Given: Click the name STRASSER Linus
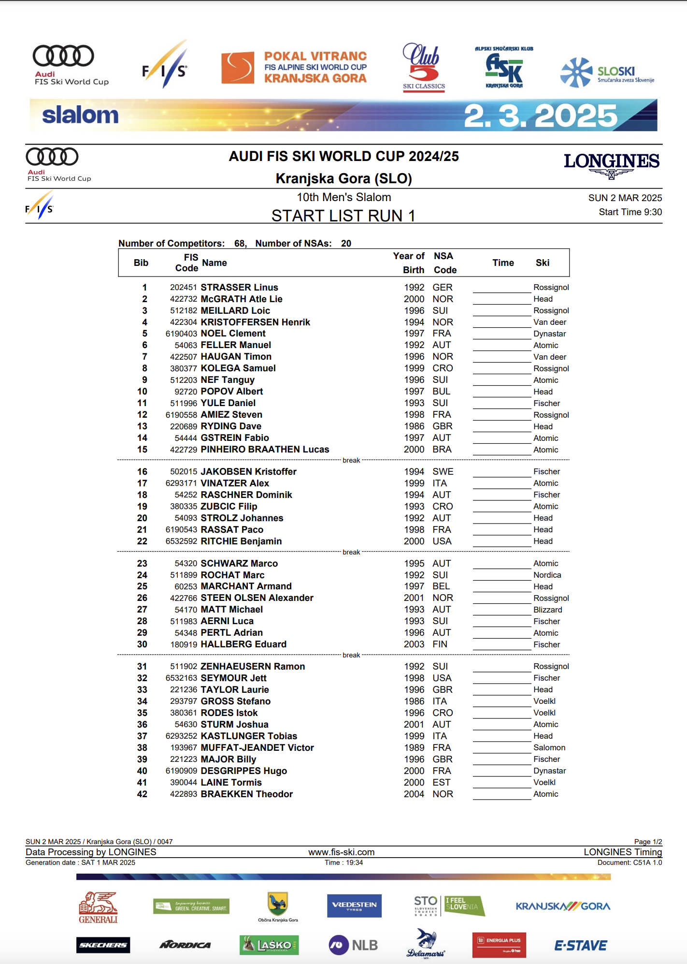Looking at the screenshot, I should pyautogui.click(x=239, y=287).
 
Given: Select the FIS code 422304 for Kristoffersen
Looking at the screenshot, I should pyautogui.click(x=183, y=322).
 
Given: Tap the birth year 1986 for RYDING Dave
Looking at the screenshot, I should pyautogui.click(x=414, y=426).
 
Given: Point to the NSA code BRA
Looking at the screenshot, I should pyautogui.click(x=442, y=450).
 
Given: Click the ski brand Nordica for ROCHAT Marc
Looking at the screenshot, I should pyautogui.click(x=547, y=575).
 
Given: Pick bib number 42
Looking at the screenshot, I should pyautogui.click(x=142, y=794).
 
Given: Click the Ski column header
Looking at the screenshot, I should pyautogui.click(x=542, y=263).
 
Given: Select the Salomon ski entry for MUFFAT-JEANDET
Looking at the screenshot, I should pyautogui.click(x=549, y=748).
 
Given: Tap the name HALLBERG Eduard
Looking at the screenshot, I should pyautogui.click(x=243, y=644).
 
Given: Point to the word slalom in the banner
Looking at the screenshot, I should pyautogui.click(x=80, y=115).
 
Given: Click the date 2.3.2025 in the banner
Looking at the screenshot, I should pyautogui.click(x=540, y=116).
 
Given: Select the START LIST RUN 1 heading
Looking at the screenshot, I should pyautogui.click(x=343, y=216).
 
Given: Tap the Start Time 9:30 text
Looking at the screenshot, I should pyautogui.click(x=630, y=212).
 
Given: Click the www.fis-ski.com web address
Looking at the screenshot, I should pyautogui.click(x=342, y=852).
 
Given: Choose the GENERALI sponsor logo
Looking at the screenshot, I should pyautogui.click(x=98, y=907).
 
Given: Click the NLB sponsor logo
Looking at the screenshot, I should pyautogui.click(x=353, y=945).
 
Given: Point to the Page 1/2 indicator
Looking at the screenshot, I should pyautogui.click(x=648, y=842).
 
